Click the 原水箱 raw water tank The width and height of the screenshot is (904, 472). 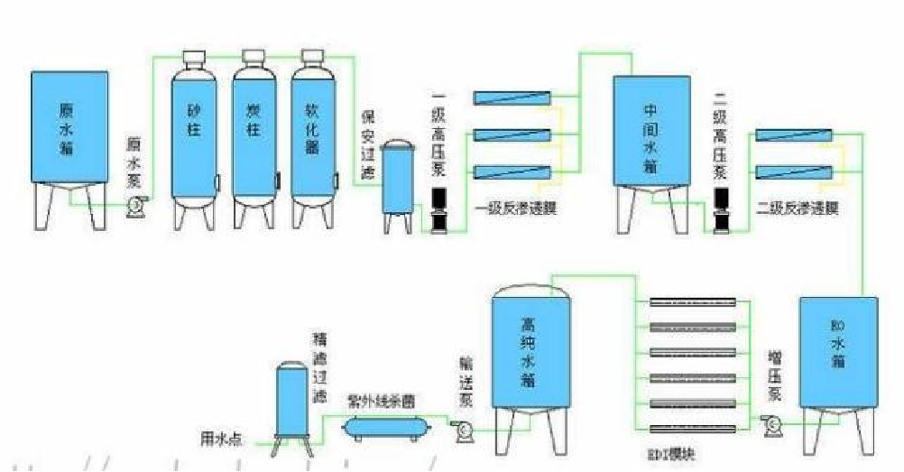69,126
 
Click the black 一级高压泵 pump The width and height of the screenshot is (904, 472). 438,210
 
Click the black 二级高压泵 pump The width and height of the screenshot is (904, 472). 720,210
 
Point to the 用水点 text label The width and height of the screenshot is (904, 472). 219,440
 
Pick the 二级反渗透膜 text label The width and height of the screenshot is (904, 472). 799,208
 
